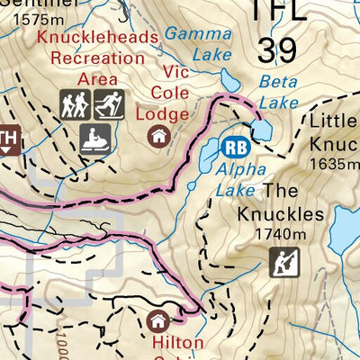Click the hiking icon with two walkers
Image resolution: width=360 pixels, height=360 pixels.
pyautogui.click(x=75, y=105)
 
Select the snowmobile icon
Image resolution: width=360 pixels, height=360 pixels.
pyautogui.click(x=93, y=139)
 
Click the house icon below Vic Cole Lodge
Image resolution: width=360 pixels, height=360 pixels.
pyautogui.click(x=159, y=137)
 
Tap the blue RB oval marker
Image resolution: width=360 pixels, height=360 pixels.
pyautogui.click(x=235, y=147)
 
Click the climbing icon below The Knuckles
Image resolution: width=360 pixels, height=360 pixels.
pyautogui.click(x=282, y=263)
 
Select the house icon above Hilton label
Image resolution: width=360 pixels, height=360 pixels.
pyautogui.click(x=158, y=319)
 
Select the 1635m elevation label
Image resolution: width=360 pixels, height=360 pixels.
pyautogui.click(x=333, y=164)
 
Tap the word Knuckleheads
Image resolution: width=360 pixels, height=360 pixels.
pyautogui.click(x=98, y=38)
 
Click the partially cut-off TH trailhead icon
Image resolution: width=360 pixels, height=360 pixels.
pyautogui.click(x=8, y=138)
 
